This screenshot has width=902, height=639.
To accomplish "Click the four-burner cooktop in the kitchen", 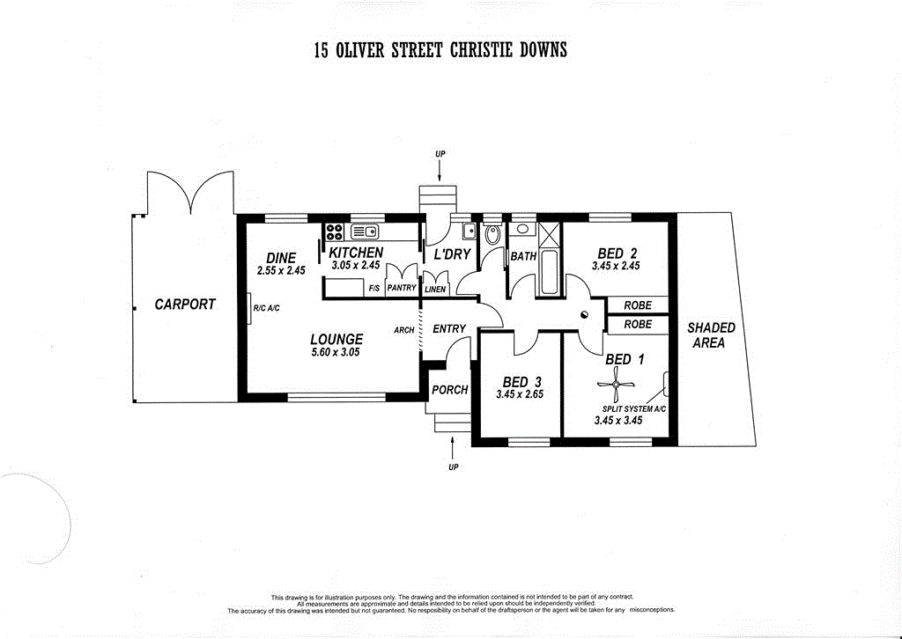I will (x=335, y=232).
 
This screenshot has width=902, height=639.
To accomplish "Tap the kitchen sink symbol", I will (x=364, y=232).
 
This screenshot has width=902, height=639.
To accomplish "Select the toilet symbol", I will (x=492, y=234).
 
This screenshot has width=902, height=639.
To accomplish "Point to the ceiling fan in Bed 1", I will (x=616, y=384).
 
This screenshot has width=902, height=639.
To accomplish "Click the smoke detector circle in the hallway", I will (x=584, y=316).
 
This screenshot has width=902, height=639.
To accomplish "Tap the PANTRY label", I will (x=401, y=288).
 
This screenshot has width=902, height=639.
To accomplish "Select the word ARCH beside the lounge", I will (x=404, y=331).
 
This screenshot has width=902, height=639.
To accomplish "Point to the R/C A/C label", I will (x=265, y=309).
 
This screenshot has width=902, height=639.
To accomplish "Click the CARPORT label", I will (x=185, y=305).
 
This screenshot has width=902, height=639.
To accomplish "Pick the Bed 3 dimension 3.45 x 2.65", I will (x=520, y=394).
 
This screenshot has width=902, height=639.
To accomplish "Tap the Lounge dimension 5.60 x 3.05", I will (x=336, y=352).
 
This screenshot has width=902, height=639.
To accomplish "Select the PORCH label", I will (x=450, y=390).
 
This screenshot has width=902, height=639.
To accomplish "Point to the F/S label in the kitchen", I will (x=373, y=288).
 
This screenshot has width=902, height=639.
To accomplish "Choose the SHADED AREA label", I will (x=711, y=335).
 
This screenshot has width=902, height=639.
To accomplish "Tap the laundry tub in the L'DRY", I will (x=469, y=231).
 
